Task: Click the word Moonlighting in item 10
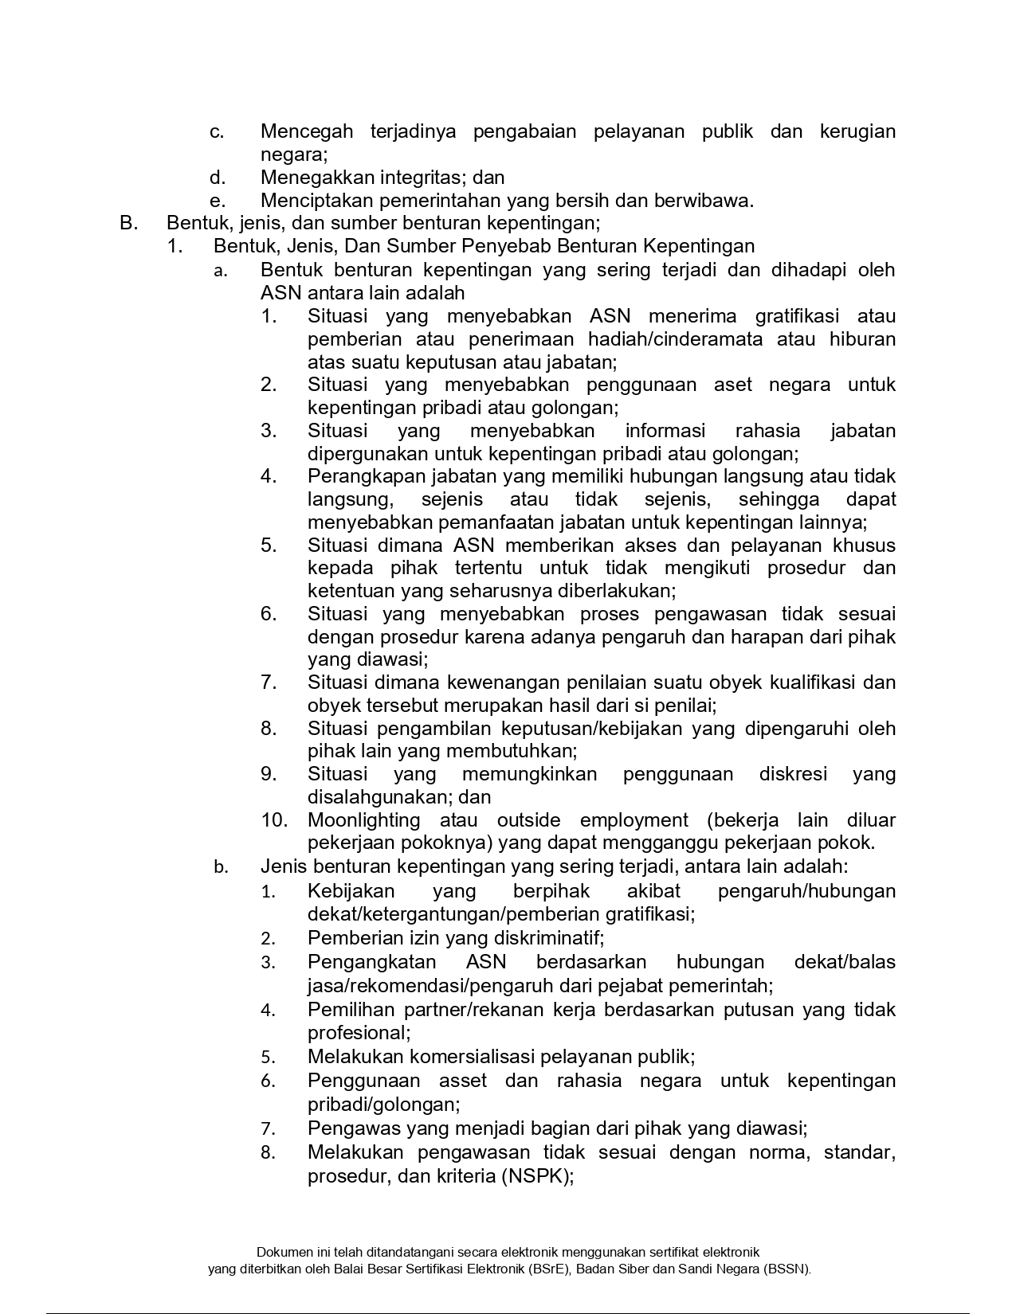(363, 820)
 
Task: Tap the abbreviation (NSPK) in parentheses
(537, 1176)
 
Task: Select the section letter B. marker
(129, 223)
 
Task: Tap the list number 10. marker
(279, 820)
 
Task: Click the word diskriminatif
(549, 938)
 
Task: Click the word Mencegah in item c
(307, 131)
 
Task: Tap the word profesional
(359, 1033)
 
